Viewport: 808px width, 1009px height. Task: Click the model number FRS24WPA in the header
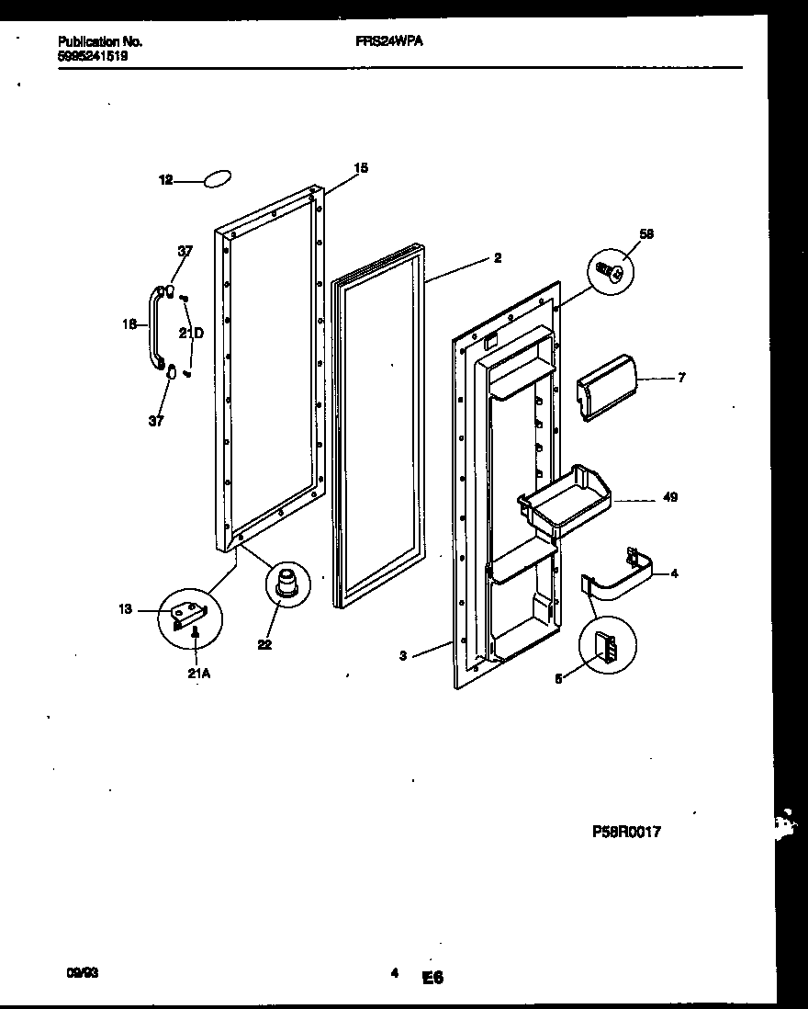pos(388,41)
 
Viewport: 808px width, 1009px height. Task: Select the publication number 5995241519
pos(92,55)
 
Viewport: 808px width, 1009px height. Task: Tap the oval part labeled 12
pos(217,181)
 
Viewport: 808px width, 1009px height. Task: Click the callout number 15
pos(361,167)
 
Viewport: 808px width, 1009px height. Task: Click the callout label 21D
pos(191,334)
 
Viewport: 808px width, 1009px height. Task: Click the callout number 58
pos(646,234)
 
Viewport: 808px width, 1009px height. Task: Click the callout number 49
pos(669,497)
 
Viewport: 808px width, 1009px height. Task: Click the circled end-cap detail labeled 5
pos(607,645)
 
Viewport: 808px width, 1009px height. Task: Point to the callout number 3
pos(403,655)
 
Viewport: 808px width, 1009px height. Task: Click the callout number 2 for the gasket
pos(497,258)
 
